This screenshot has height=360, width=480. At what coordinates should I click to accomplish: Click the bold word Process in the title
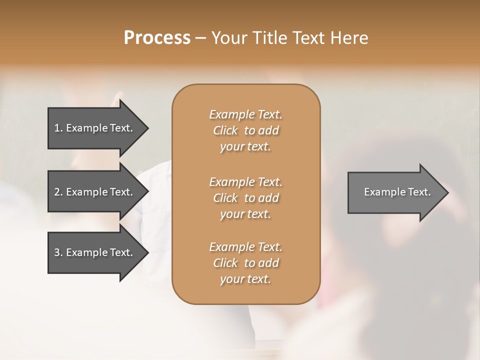click(x=157, y=38)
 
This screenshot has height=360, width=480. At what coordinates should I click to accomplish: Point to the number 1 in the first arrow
click(x=57, y=128)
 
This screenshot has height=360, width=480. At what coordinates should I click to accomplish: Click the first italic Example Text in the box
click(x=245, y=114)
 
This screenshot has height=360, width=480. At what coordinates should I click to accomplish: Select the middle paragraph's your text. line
click(x=245, y=214)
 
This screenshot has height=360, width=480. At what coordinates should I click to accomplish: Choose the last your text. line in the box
click(x=245, y=279)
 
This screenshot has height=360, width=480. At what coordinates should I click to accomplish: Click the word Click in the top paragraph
click(x=225, y=130)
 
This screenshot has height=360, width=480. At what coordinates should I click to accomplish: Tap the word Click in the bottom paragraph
click(x=225, y=263)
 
